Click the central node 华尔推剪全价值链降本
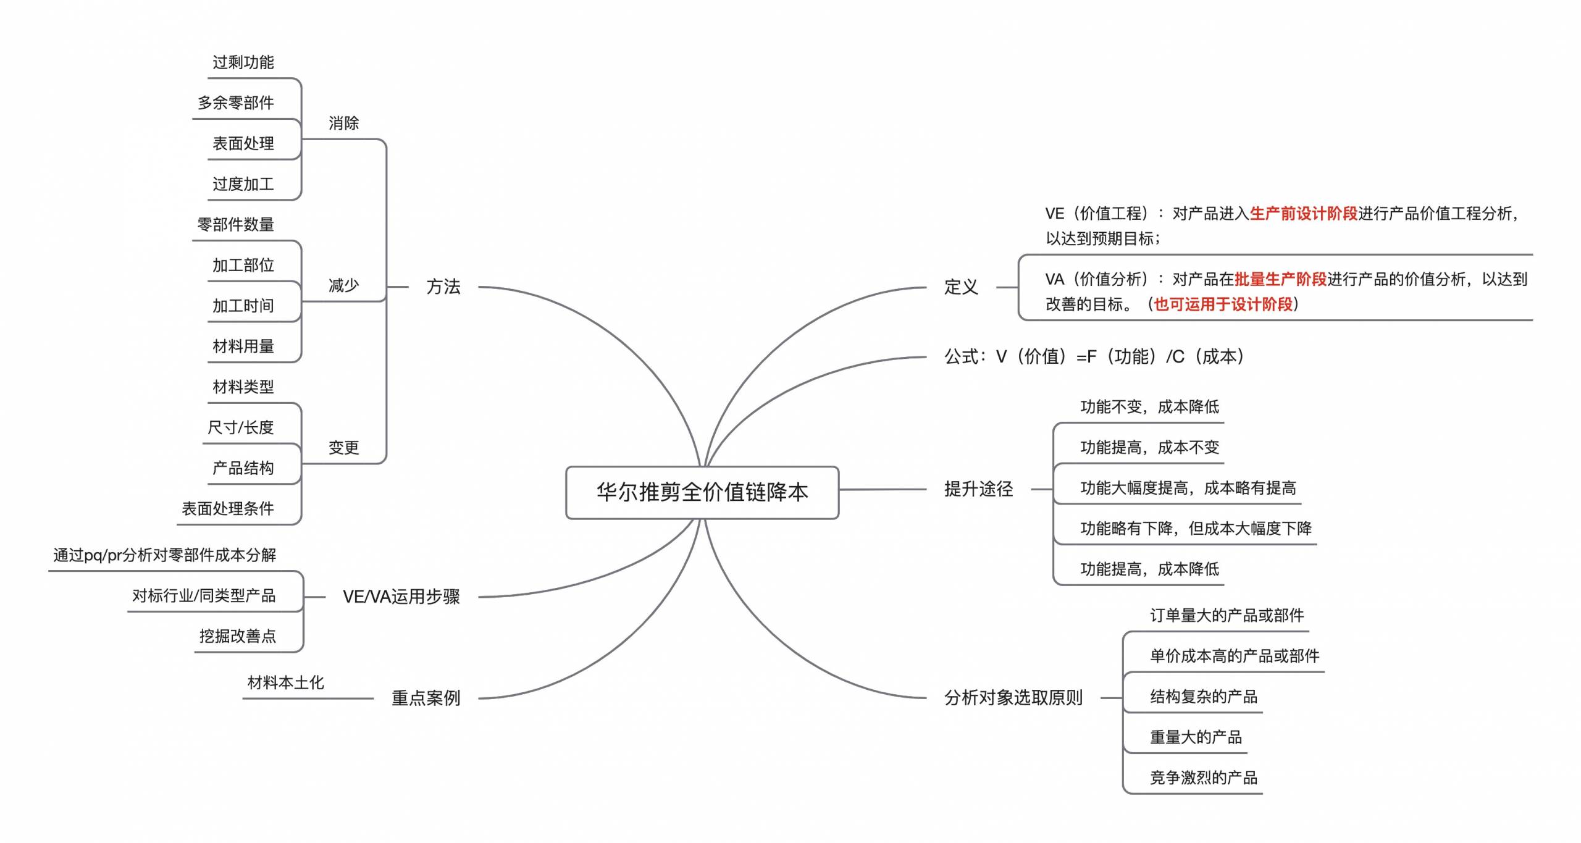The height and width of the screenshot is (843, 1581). [x=702, y=492]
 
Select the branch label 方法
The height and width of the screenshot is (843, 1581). [x=443, y=287]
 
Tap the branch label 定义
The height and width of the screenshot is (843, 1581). [x=961, y=287]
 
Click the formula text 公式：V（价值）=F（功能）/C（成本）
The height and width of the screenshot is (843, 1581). [x=1094, y=356]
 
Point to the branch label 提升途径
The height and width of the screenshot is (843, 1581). [x=979, y=489]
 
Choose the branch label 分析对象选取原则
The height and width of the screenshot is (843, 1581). [x=1013, y=698]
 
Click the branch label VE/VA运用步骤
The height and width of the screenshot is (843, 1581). [x=401, y=597]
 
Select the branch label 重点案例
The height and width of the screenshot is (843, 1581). [x=426, y=698]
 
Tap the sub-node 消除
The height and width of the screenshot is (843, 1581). [x=343, y=123]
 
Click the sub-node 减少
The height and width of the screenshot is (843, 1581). [x=343, y=285]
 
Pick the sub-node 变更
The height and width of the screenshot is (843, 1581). [x=343, y=447]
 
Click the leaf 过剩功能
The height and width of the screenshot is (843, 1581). [x=243, y=62]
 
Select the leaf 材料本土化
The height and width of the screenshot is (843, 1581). [x=286, y=682]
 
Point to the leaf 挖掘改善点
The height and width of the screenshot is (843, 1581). [x=238, y=636]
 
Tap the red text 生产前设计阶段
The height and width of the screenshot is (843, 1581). [x=1304, y=214]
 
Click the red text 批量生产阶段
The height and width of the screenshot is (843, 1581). [x=1281, y=279]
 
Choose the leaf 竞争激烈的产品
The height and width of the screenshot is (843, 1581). [x=1204, y=778]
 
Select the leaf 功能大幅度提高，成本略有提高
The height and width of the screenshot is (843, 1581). [x=1188, y=488]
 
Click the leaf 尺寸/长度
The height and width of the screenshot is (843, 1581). [x=241, y=427]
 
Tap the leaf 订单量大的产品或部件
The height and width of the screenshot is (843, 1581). [x=1227, y=615]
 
